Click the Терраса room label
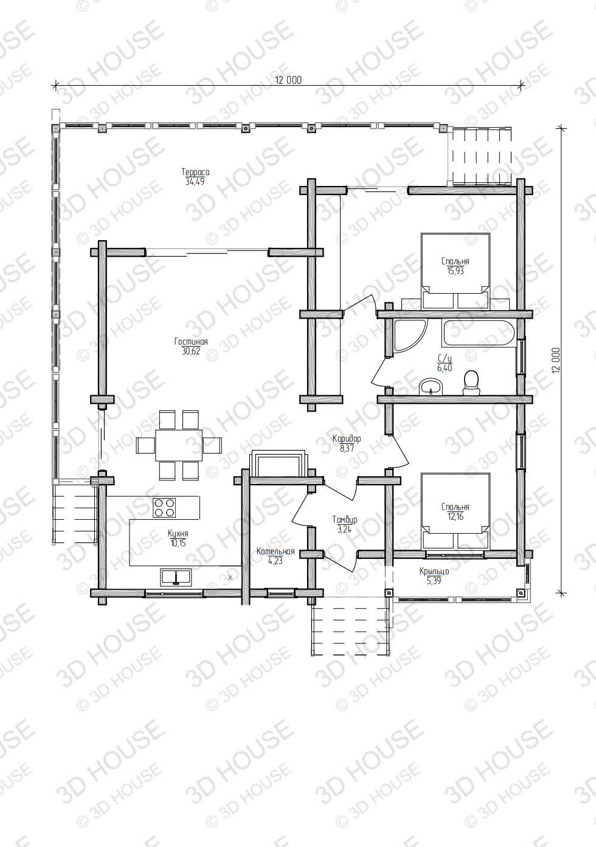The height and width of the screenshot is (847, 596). pos(195,172)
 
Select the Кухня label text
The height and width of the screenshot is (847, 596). pos(178,533)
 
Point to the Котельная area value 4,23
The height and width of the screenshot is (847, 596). pos(275,561)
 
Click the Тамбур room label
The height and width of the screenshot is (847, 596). pos(344,520)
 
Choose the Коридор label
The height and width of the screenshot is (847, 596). pos(347,438)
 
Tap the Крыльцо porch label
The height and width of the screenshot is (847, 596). pos(434,572)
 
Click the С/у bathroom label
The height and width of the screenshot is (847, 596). pos(445,359)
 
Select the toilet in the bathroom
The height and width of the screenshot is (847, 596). pos(471,382)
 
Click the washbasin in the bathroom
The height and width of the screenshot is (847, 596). pos(431,387)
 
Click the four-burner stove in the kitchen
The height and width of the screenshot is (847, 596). pos(164,508)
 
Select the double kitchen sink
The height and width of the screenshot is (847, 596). pos(176,576)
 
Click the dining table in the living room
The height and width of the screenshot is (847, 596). pos(179,445)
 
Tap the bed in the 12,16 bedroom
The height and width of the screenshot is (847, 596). pos(456,511)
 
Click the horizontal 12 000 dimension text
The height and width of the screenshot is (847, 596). pos(288,80)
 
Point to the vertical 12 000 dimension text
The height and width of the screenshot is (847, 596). pos(556,361)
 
